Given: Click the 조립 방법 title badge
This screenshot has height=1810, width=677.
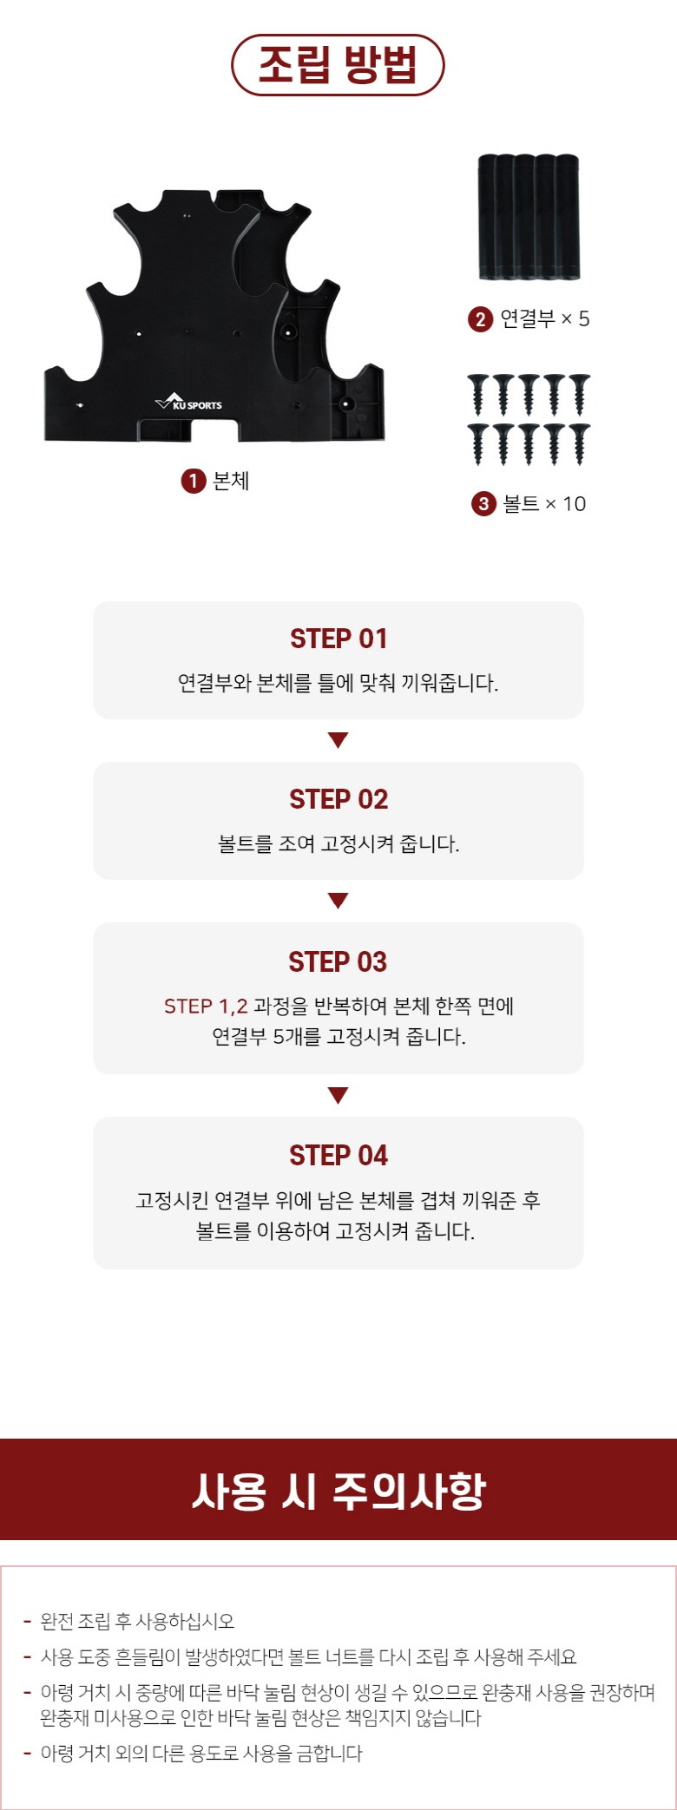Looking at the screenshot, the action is [x=338, y=65].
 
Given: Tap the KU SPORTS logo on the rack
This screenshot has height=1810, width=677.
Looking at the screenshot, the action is [x=188, y=403].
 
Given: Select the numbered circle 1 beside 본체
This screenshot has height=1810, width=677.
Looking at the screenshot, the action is [x=193, y=481].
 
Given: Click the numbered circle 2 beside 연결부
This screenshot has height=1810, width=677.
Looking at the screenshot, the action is [x=480, y=319].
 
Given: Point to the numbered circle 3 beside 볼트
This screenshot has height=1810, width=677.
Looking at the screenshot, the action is [x=483, y=504].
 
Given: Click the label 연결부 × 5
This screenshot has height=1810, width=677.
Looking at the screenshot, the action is [x=545, y=319].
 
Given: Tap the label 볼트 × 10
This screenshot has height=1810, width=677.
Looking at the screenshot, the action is [x=545, y=504].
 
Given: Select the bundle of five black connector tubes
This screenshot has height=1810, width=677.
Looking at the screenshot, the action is [x=529, y=217].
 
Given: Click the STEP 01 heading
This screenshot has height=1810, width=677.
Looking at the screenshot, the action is [x=338, y=639].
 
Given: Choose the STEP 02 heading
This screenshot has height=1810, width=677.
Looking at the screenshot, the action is [x=338, y=799].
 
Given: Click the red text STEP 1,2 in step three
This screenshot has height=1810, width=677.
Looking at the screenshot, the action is [x=206, y=1007].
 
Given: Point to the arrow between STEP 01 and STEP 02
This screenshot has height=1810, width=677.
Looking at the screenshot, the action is [x=338, y=740].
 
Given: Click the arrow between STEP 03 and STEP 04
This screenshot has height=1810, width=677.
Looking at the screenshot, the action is [x=338, y=1095].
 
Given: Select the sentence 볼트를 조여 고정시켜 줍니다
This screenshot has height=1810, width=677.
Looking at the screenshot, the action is [x=338, y=843].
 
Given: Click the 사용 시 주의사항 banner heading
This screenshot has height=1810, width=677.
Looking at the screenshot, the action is [x=338, y=1491].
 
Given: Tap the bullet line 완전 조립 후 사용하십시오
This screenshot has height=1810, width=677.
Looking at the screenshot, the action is [x=137, y=1622].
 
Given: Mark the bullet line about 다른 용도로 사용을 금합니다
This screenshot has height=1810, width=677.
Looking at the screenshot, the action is [x=201, y=1754].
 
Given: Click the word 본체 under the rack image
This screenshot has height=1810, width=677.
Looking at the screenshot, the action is [x=231, y=481].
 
